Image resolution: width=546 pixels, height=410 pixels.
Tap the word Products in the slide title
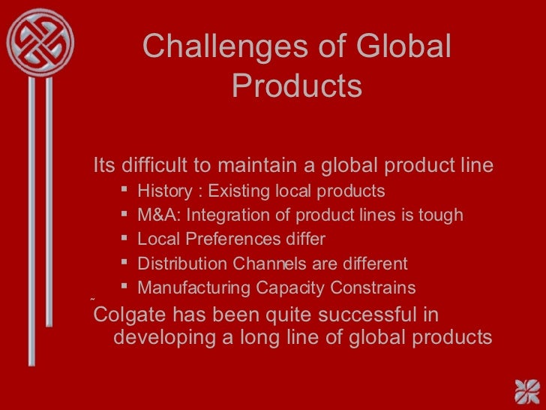pyautogui.click(x=296, y=86)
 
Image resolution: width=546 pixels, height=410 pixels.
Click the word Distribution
pyautogui.click(x=179, y=264)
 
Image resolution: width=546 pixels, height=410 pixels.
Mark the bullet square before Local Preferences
pyautogui.click(x=124, y=240)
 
